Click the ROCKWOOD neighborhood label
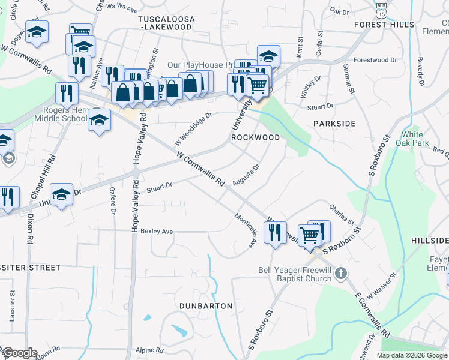tap(256, 137)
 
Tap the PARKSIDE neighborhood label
tap(334, 124)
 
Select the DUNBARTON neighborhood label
tap(206, 306)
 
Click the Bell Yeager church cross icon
tap(340, 274)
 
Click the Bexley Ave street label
tap(157, 231)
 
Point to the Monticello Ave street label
tap(246, 231)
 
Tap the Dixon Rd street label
tap(29, 229)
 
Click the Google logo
tap(20, 353)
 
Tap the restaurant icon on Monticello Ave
tap(275, 232)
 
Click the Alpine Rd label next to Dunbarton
tap(149, 350)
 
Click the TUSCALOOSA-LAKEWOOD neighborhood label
tap(167, 23)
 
